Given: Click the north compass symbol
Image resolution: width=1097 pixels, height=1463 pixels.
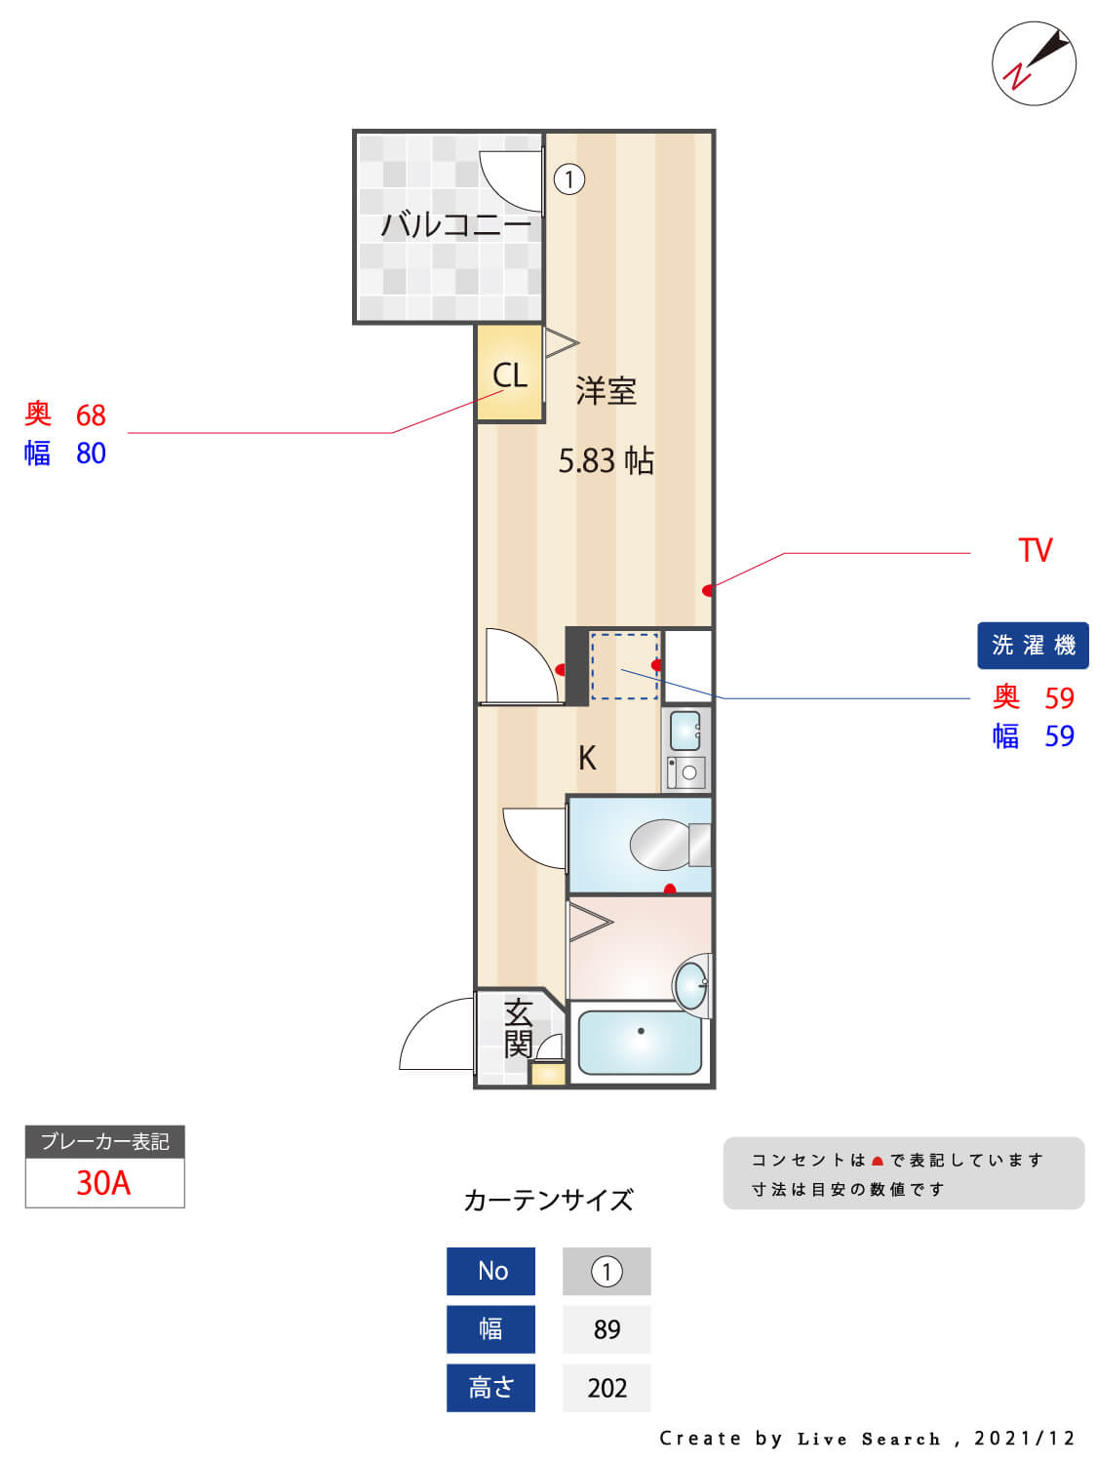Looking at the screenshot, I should tap(1034, 63).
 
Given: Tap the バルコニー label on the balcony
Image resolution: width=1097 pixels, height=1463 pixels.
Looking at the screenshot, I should tap(455, 225).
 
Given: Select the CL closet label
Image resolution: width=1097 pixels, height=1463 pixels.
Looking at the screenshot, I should tap(509, 376).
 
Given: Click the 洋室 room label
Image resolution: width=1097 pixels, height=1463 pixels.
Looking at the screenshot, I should tap(606, 391).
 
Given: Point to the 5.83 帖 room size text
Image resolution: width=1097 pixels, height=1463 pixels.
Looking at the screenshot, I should tap(606, 460).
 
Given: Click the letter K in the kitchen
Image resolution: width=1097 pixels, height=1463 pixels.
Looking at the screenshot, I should tap(587, 758).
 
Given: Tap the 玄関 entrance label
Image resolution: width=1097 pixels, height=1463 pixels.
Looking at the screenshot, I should tap(518, 1028).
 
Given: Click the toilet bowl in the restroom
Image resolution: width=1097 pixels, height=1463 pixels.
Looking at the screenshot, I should tap(663, 845).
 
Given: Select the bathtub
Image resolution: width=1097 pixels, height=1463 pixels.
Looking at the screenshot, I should tap(640, 1043).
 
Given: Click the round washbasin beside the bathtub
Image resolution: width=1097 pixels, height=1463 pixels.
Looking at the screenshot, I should tap(690, 985).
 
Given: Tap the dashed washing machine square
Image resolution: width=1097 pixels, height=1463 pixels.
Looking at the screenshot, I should tap(624, 666).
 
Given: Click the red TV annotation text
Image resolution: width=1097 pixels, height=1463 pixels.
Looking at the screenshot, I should tap(1035, 550).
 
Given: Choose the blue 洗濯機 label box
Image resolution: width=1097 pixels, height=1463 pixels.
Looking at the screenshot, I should tap(1033, 646).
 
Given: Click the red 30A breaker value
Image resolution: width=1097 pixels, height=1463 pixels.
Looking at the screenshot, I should tap(103, 1183).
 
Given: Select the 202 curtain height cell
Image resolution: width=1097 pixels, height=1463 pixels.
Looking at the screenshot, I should tap(607, 1388).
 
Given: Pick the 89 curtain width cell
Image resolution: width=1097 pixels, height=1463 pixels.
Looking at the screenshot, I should tap(607, 1329).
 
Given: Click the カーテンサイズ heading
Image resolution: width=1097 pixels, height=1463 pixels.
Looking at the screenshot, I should tap(548, 1200).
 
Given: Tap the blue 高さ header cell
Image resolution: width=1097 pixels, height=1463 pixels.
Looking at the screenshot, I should tap(490, 1388).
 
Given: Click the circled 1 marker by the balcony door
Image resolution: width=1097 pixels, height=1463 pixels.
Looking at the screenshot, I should tap(569, 179).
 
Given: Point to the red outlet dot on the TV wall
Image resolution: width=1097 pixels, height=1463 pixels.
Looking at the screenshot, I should tap(708, 590).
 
